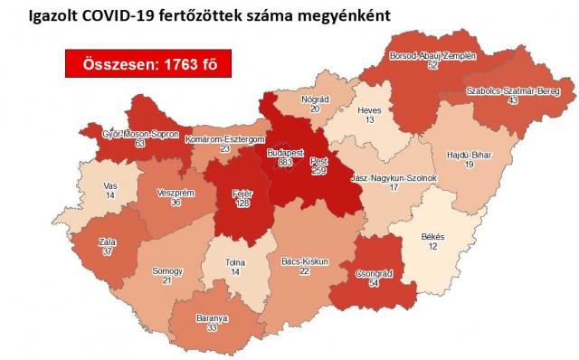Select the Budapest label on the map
point(284,154)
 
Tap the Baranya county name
point(213,318)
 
